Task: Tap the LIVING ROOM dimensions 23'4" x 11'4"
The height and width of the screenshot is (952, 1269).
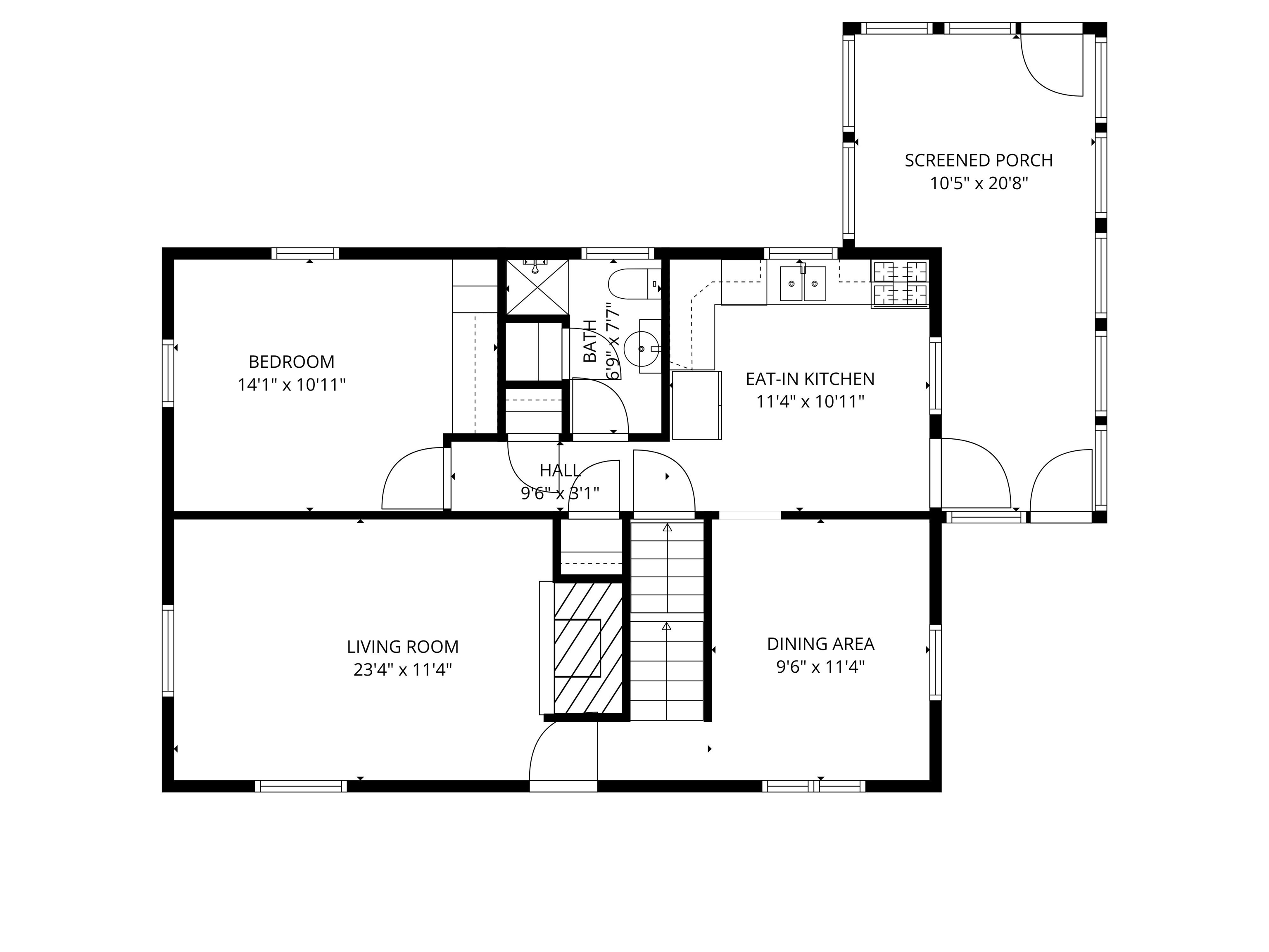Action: (x=402, y=670)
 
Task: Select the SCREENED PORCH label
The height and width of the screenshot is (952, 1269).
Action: (x=978, y=161)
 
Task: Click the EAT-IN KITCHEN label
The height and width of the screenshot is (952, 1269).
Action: (x=810, y=379)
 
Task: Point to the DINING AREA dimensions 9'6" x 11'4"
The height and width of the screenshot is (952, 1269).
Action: (x=820, y=667)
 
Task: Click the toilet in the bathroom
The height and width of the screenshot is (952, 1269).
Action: (x=631, y=283)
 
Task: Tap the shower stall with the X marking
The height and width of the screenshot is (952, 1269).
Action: (x=537, y=287)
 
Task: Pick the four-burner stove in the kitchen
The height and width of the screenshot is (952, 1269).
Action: (x=899, y=283)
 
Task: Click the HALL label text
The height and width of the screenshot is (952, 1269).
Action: (x=560, y=471)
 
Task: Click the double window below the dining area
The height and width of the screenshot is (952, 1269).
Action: (x=813, y=786)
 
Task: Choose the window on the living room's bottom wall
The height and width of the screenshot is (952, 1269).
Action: (x=301, y=786)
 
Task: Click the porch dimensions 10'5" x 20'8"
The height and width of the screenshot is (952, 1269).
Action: (x=978, y=183)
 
